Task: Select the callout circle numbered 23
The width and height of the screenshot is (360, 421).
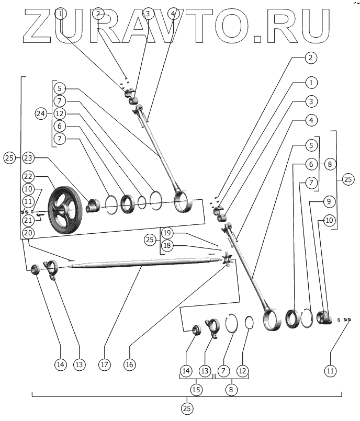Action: [28, 157]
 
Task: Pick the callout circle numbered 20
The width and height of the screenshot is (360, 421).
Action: [28, 232]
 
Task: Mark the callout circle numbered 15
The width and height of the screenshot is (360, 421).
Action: [196, 390]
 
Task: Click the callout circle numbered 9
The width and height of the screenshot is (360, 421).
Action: [329, 200]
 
